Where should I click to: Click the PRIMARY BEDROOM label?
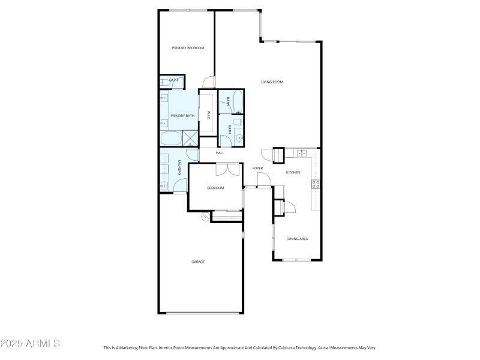(x=188, y=48)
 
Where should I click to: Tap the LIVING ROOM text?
(x=271, y=82)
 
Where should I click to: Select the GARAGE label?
(x=198, y=262)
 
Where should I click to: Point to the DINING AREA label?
(x=297, y=239)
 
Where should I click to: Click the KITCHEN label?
(x=293, y=173)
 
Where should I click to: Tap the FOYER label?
(x=257, y=168)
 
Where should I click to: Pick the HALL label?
(x=220, y=153)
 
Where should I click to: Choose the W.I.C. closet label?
(x=208, y=115)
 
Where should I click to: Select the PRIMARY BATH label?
(x=182, y=116)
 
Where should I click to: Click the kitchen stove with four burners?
(x=315, y=184)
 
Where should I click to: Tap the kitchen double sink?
(x=302, y=154)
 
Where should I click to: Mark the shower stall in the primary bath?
(x=190, y=139)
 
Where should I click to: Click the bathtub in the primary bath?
(x=170, y=139)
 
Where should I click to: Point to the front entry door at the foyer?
(x=263, y=179)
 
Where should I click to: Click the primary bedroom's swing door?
(x=208, y=82)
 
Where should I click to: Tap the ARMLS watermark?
(x=30, y=344)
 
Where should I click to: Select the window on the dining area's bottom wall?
(x=296, y=260)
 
